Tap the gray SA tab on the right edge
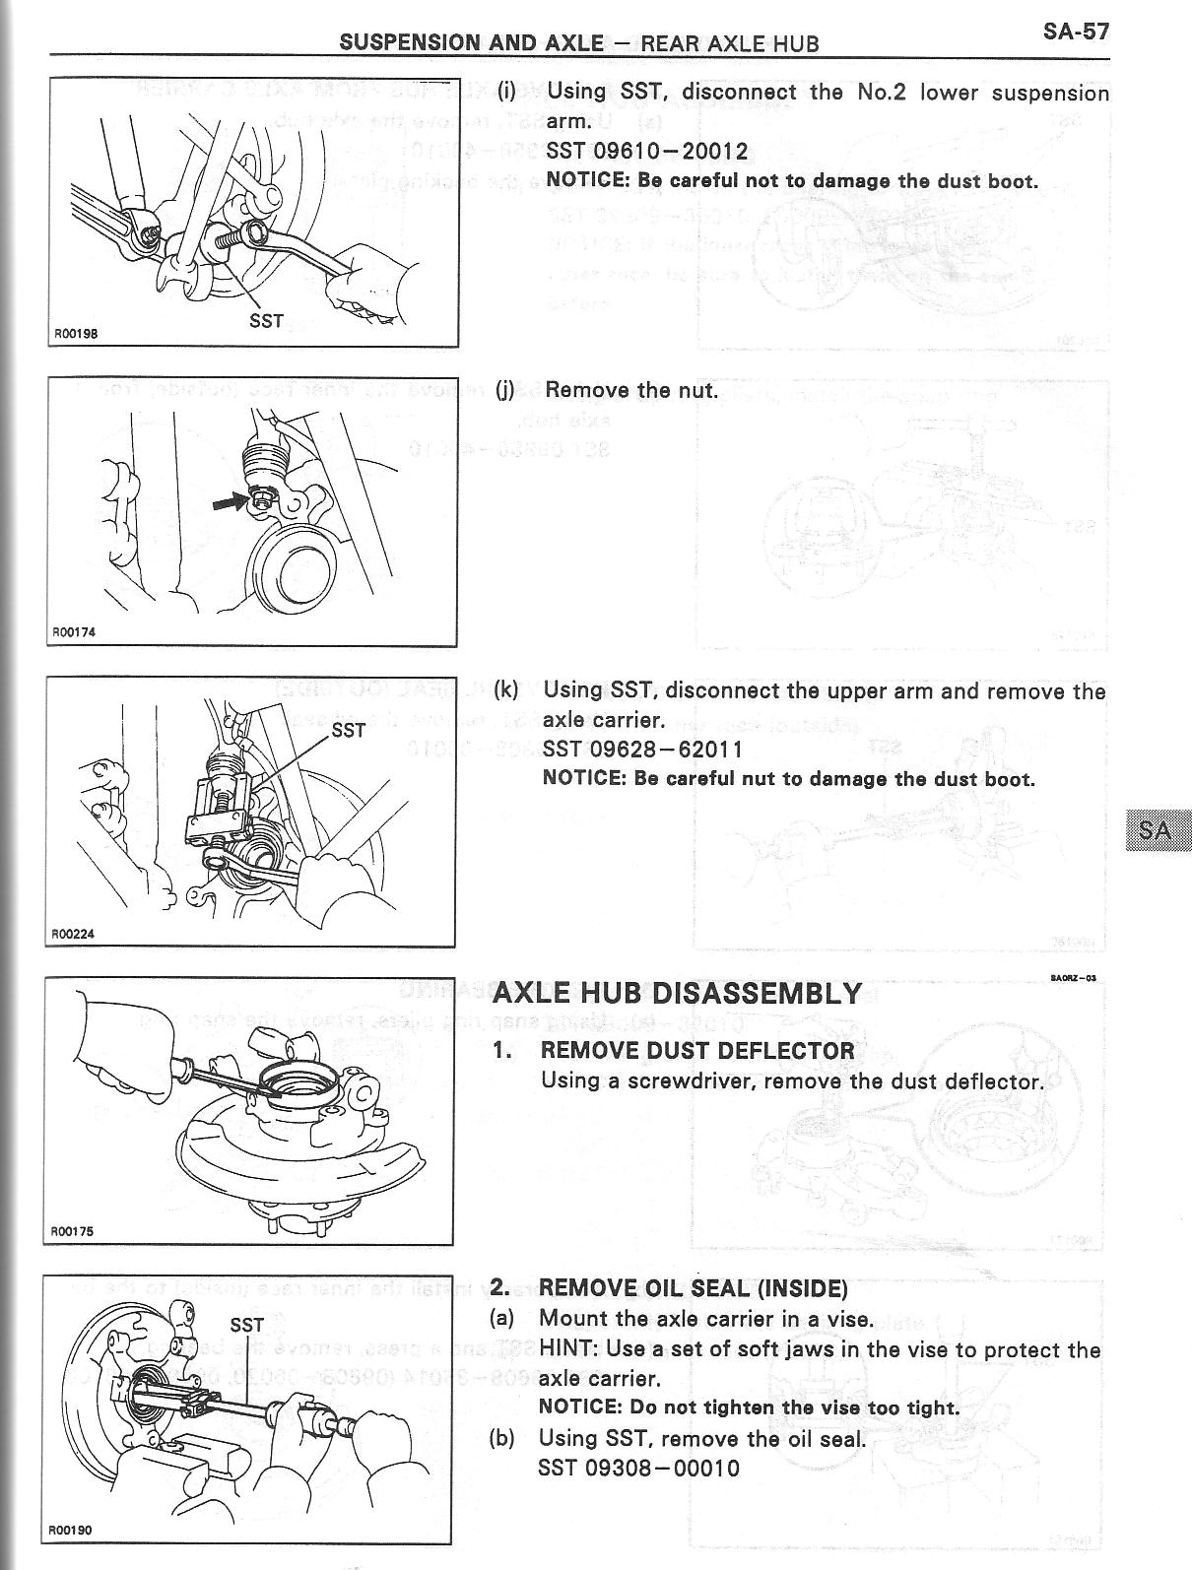pyautogui.click(x=1156, y=829)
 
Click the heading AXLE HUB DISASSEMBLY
pyautogui.click(x=677, y=992)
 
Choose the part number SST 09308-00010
pyautogui.click(x=638, y=1468)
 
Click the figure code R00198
pyautogui.click(x=76, y=333)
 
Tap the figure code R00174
pyautogui.click(x=74, y=632)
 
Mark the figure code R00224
pyautogui.click(x=74, y=934)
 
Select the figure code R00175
pyautogui.click(x=72, y=1231)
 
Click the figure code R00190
pyautogui.click(x=70, y=1557)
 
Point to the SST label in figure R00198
pyautogui.click(x=267, y=320)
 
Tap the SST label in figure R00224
pyautogui.click(x=348, y=730)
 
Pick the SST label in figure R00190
pyautogui.click(x=246, y=1325)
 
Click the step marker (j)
pyautogui.click(x=504, y=390)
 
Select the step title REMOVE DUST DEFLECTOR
pyautogui.click(x=697, y=1050)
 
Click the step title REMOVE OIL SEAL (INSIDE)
pyautogui.click(x=694, y=1287)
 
